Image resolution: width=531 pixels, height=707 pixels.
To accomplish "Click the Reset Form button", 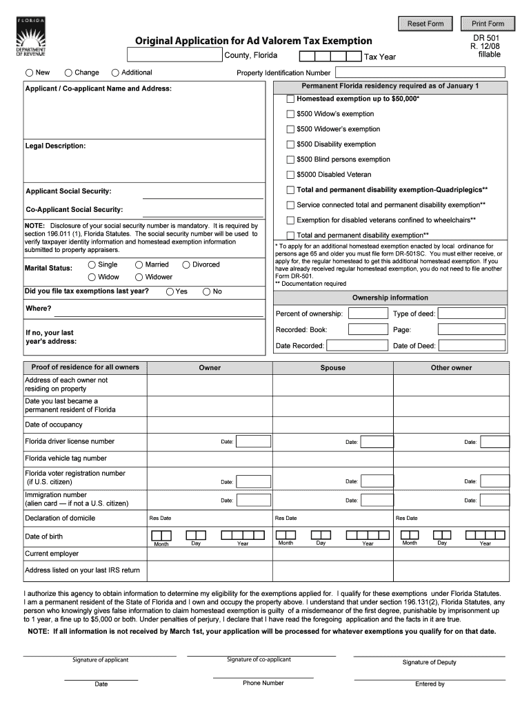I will [425, 23].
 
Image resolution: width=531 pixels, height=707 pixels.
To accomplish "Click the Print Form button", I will [488, 23].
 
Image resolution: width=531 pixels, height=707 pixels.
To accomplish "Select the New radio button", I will [30, 72].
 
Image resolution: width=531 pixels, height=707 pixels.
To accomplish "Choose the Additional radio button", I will [115, 72].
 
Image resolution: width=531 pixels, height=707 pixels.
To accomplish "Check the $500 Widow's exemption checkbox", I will [290, 114].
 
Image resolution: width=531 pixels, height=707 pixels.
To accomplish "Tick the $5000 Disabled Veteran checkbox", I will [290, 175].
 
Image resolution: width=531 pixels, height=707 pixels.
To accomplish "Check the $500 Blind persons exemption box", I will [290, 159].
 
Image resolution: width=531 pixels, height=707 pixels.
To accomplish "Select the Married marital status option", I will [139, 264].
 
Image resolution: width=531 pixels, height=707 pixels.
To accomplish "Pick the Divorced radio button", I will [186, 264].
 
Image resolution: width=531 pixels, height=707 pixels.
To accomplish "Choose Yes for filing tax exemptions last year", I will [170, 291].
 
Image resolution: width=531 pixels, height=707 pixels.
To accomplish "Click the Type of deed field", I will [472, 313].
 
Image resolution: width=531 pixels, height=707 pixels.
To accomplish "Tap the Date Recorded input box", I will [353, 345].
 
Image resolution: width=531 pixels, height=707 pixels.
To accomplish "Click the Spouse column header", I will [332, 368].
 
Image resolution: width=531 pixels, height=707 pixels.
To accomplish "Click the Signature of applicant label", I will [100, 660].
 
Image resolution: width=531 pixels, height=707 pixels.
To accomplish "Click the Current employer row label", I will [52, 554].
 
